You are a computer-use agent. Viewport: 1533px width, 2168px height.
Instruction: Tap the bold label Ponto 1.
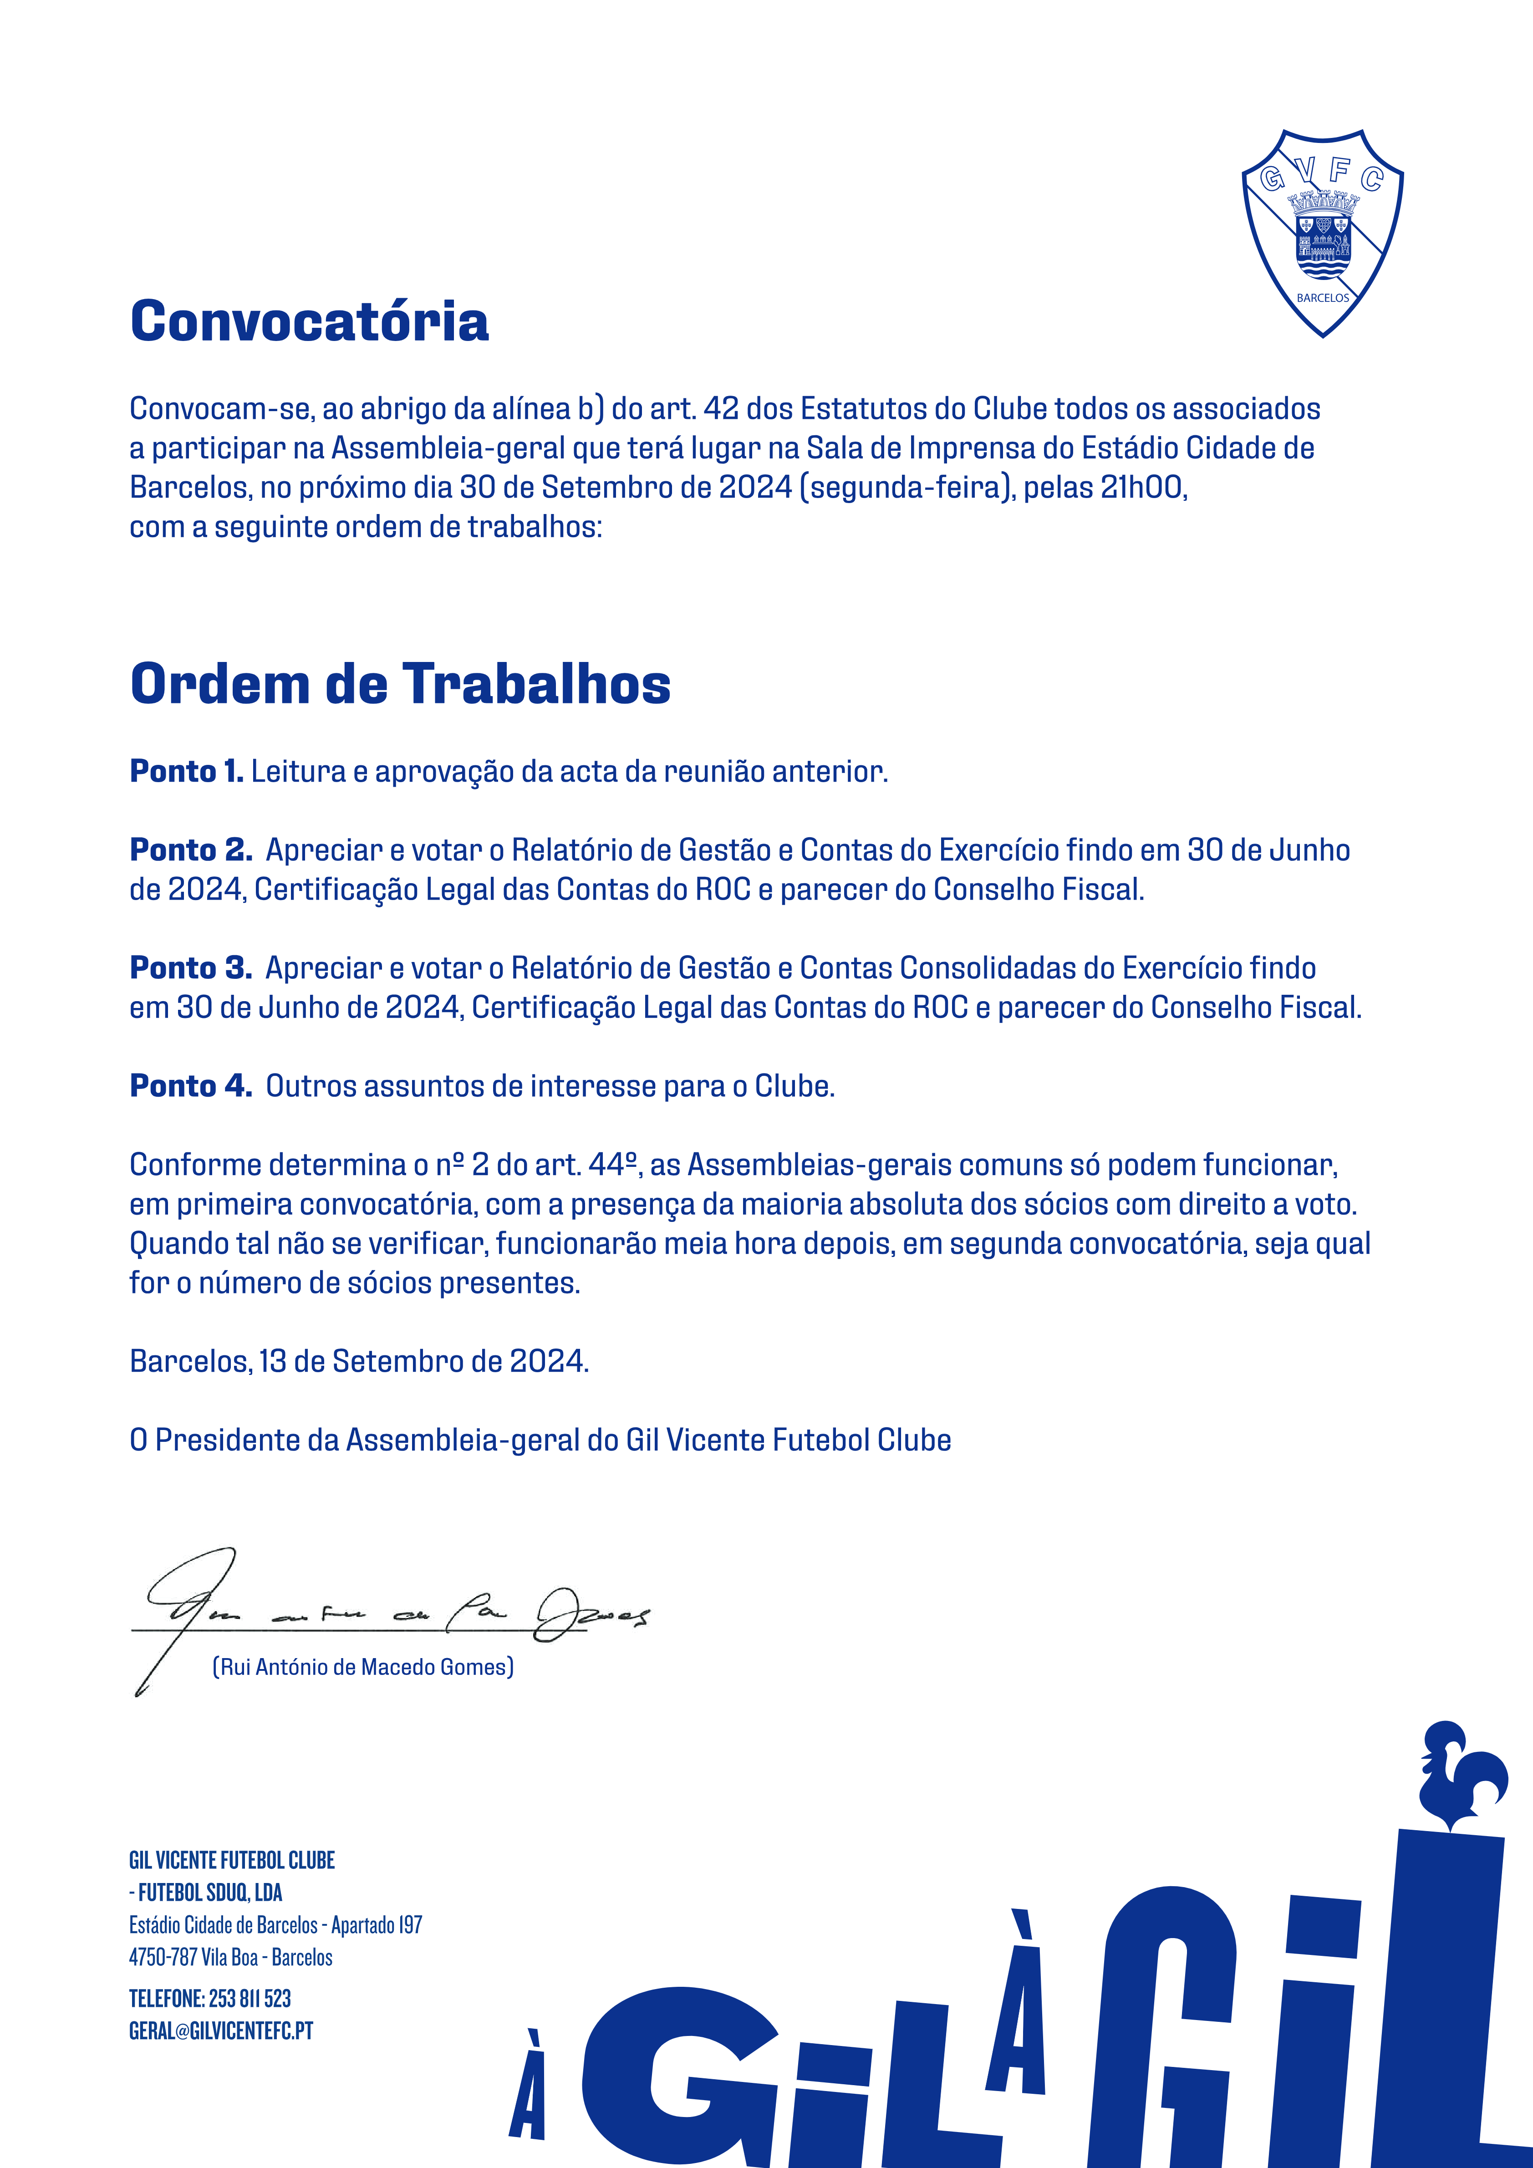pos(186,771)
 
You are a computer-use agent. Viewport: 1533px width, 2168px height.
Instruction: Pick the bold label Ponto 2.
pos(190,850)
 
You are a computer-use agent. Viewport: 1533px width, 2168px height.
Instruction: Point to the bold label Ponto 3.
pos(190,968)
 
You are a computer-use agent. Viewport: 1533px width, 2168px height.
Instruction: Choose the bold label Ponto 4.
pos(190,1086)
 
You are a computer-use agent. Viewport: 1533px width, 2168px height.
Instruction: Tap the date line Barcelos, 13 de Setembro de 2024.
pos(359,1362)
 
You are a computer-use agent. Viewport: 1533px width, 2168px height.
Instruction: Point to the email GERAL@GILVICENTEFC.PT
pos(221,2030)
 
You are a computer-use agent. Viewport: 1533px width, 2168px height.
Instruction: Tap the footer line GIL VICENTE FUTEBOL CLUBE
pos(231,1860)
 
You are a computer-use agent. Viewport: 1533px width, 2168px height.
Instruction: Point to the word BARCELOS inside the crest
pos(1322,297)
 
